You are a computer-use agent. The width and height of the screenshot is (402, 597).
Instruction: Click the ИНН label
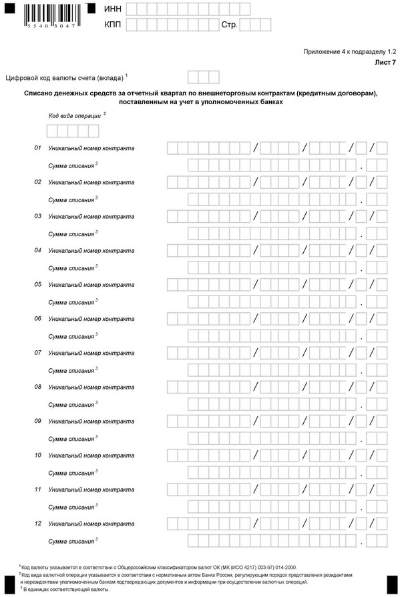click(x=113, y=9)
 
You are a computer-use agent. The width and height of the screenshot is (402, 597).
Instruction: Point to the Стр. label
click(x=229, y=25)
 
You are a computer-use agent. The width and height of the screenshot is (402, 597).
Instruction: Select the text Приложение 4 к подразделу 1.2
click(x=350, y=51)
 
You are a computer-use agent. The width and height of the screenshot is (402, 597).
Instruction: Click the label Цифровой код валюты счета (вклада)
click(x=64, y=77)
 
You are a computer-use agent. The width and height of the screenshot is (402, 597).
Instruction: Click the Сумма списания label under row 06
click(x=71, y=336)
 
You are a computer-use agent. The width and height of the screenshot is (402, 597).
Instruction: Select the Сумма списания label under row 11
click(x=71, y=507)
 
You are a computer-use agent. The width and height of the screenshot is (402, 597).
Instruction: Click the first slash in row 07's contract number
click(x=255, y=353)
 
